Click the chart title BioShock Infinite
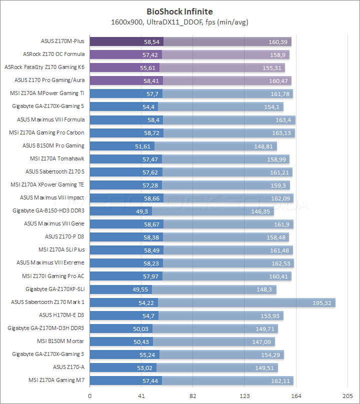(x=179, y=10)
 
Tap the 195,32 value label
(x=323, y=302)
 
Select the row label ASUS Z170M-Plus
(x=62, y=41)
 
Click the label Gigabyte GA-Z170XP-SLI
(x=55, y=289)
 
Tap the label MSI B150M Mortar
(x=61, y=341)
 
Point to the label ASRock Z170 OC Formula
(x=53, y=54)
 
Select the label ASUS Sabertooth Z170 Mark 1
(x=48, y=302)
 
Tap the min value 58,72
(x=151, y=133)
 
